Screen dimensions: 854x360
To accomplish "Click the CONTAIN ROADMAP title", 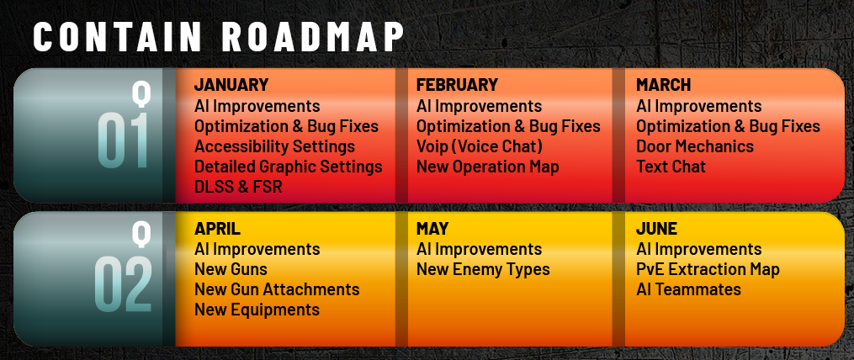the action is coord(219,37).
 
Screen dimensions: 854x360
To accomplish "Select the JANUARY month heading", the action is coord(231,85).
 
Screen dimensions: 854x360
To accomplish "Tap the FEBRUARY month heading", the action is coord(457,85).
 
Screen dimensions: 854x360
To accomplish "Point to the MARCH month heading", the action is coord(663,85).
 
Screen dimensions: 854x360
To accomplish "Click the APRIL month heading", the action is coord(217,229).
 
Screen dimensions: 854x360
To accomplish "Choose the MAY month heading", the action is coord(432,229).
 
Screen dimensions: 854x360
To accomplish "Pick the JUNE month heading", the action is coord(657,229).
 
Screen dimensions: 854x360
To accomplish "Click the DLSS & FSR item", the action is coord(239,187).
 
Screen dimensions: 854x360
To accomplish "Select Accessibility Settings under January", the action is coord(274,146).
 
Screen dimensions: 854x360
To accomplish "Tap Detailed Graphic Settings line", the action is coord(288,167).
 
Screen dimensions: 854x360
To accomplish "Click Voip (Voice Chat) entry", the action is coord(480,146).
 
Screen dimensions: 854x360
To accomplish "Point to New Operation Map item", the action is coord(487,167).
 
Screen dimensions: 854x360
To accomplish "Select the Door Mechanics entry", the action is coord(695,146).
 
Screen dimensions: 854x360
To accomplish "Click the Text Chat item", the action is coord(671,167).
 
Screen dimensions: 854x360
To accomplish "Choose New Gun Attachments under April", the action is coord(277,289).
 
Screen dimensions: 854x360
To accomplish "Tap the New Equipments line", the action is coord(257,310).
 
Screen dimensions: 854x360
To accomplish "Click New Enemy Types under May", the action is coord(483,270).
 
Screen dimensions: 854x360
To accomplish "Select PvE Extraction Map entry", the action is coord(708,270).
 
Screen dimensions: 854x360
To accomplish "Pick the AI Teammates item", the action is coord(688,289).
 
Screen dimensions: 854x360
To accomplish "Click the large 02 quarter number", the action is coord(123,285).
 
